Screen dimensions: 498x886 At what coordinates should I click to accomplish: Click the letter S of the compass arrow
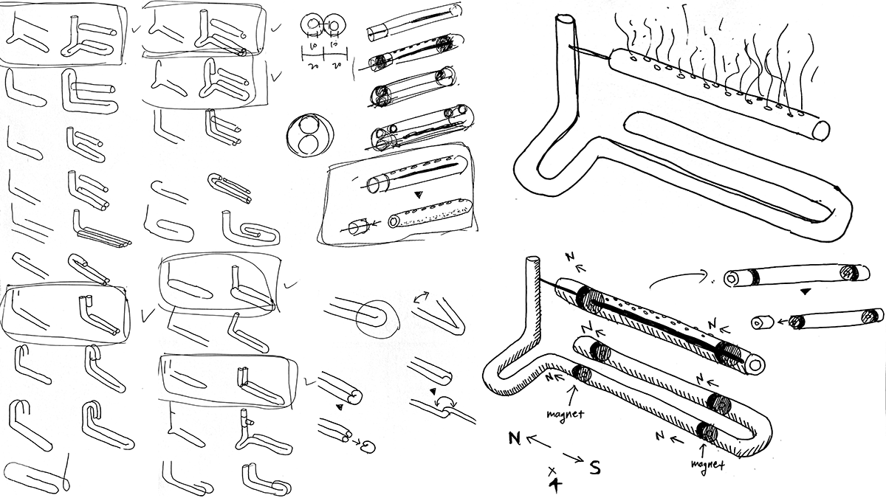(595, 466)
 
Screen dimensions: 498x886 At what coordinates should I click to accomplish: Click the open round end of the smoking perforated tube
(821, 131)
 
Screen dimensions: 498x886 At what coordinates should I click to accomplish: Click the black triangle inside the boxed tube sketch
(419, 196)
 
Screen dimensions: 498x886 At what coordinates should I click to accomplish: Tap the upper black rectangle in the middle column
(398, 269)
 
